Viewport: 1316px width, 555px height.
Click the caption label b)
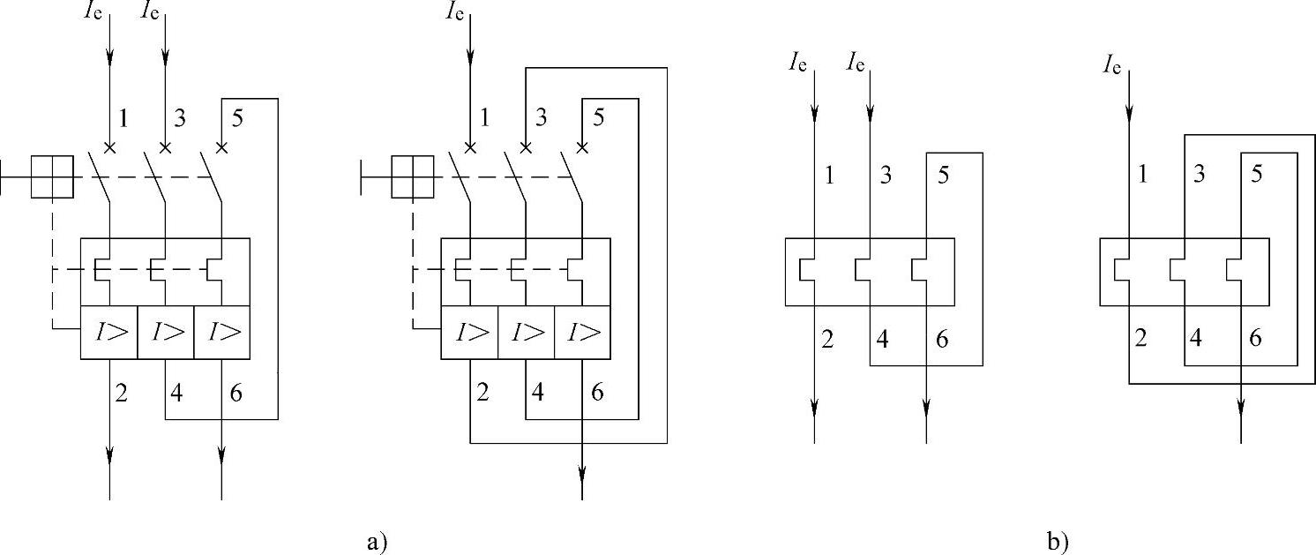click(1058, 540)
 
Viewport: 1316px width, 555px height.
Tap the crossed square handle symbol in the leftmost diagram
click(52, 176)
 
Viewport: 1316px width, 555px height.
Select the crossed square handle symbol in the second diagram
click(412, 176)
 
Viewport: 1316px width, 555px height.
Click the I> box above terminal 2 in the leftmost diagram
click(109, 333)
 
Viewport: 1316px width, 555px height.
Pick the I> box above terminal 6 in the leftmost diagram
click(221, 333)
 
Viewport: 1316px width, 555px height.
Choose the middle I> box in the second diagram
click(526, 333)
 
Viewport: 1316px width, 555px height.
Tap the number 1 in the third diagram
click(828, 175)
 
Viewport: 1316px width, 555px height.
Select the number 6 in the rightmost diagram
click(1256, 338)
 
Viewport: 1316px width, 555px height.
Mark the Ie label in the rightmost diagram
click(1111, 64)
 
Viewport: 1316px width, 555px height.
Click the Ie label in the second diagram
click(455, 12)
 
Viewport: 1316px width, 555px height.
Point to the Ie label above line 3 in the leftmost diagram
click(150, 12)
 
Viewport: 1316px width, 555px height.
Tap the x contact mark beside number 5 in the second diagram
click(581, 146)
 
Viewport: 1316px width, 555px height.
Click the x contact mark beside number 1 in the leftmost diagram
click(109, 146)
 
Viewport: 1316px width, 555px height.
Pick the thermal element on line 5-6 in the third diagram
click(921, 272)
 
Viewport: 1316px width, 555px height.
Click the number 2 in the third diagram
click(827, 338)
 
